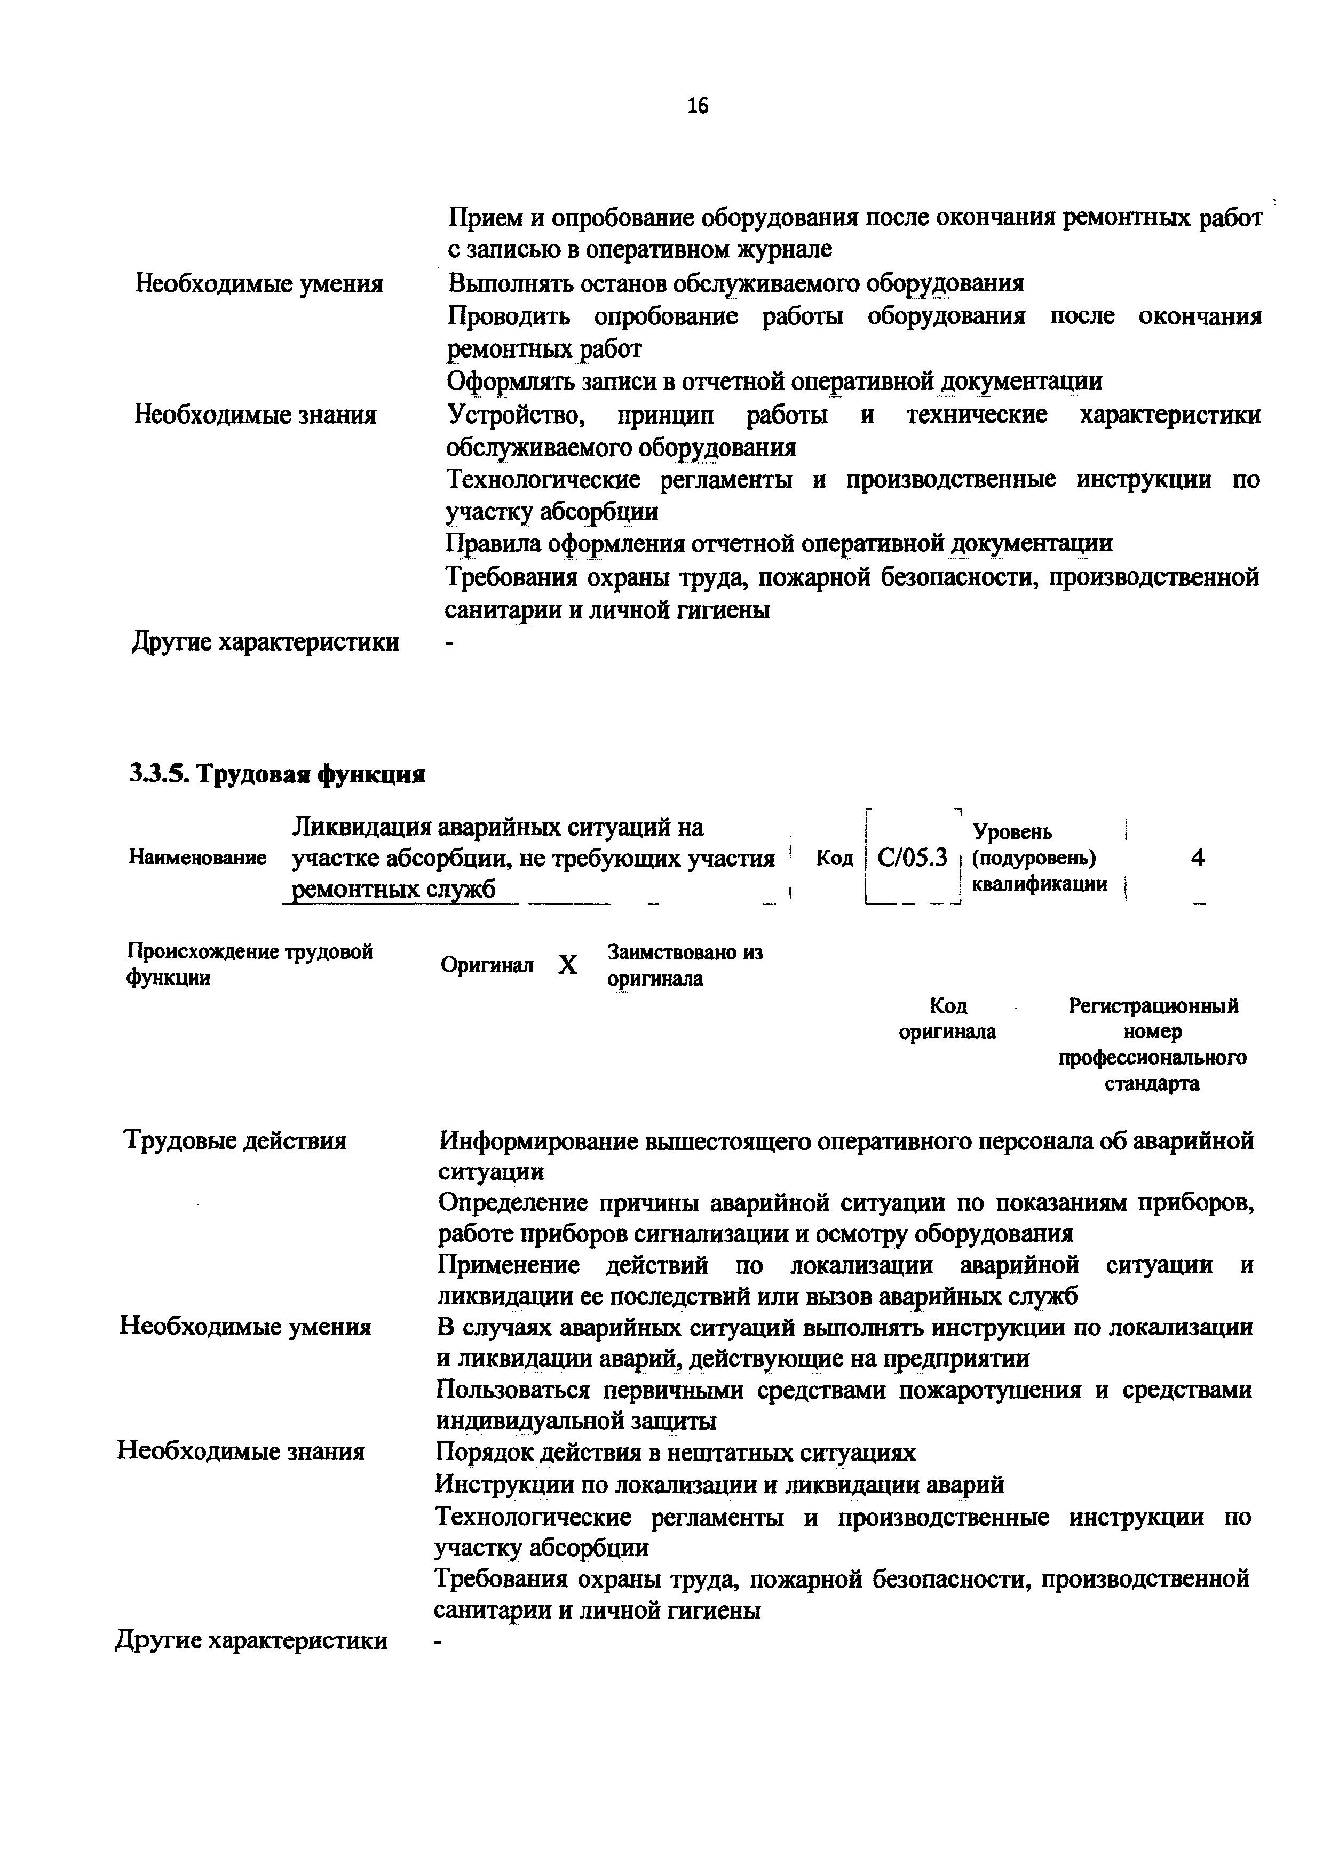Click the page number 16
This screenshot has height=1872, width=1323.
click(698, 106)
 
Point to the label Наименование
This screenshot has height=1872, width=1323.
click(198, 858)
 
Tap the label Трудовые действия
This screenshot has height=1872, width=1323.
click(235, 1140)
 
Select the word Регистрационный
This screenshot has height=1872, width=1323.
click(1153, 1006)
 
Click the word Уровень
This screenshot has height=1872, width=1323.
click(1013, 832)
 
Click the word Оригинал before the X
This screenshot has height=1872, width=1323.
click(487, 965)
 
